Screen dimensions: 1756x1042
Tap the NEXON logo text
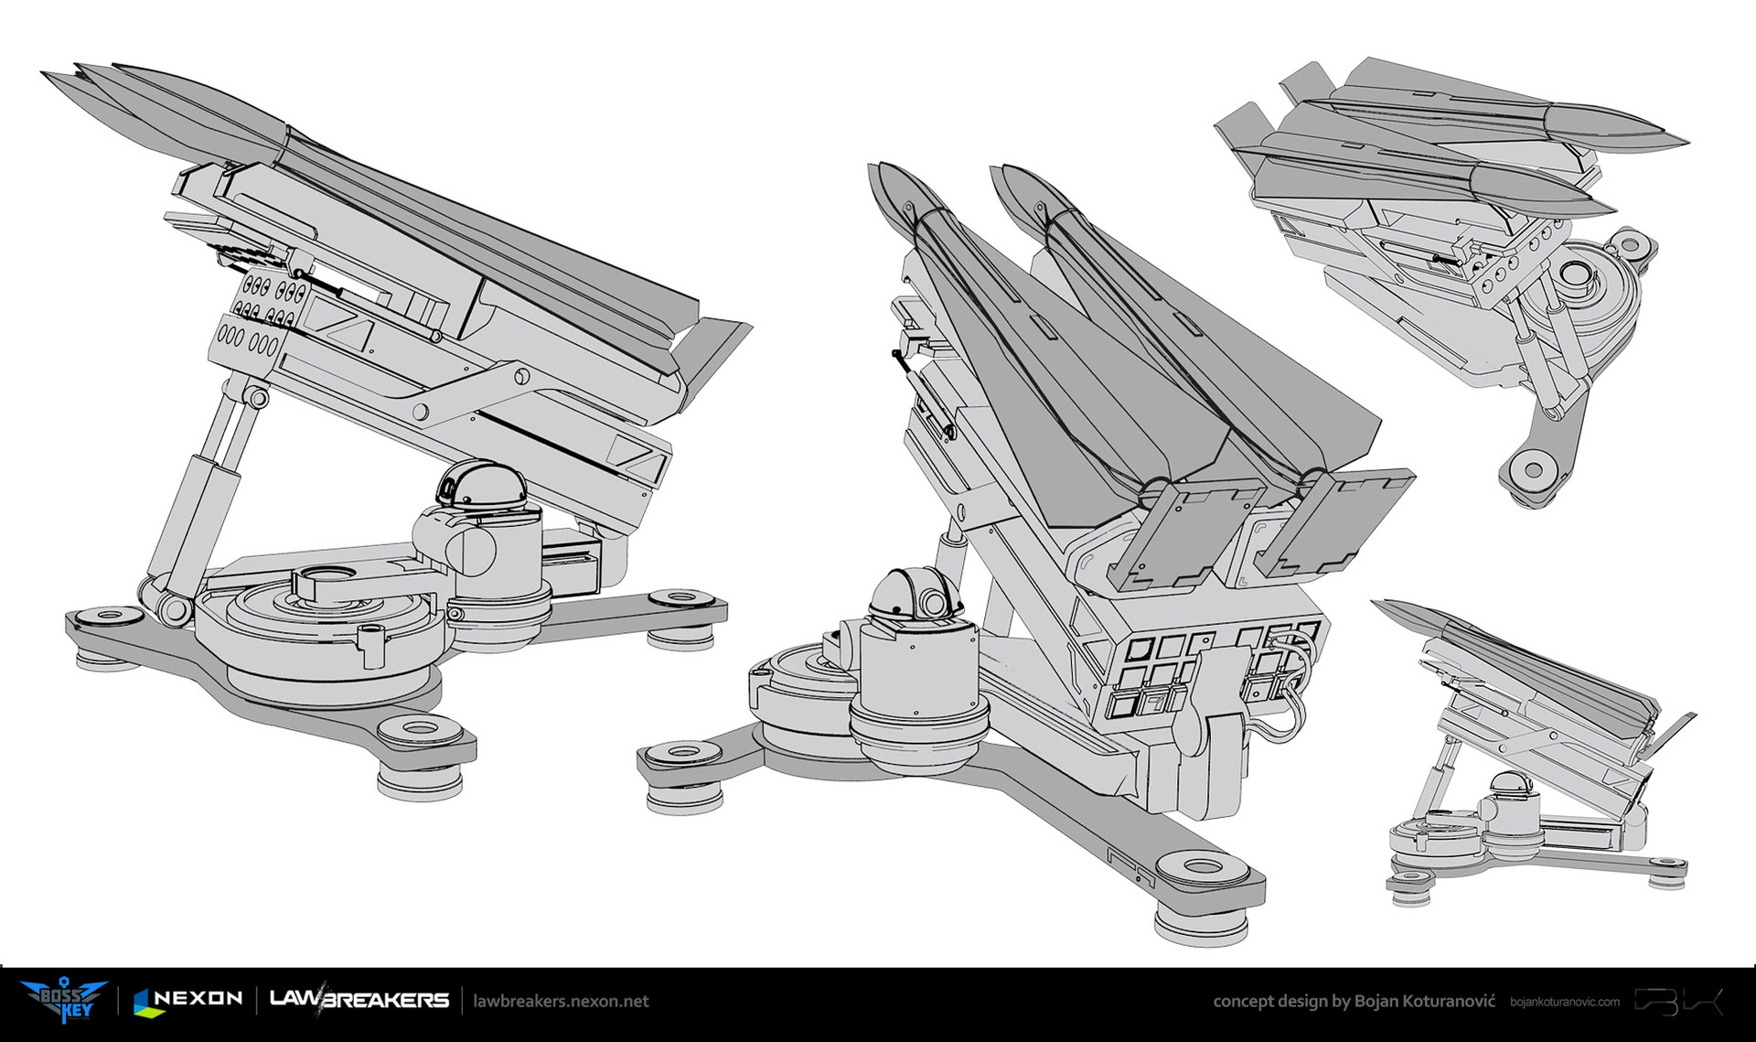coord(188,1000)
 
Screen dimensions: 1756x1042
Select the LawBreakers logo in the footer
coord(359,999)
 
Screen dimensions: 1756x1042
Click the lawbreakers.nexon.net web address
coord(561,1001)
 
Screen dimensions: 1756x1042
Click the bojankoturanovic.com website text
coord(1565,1002)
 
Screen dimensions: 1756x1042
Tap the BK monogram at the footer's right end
coord(1678,1001)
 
